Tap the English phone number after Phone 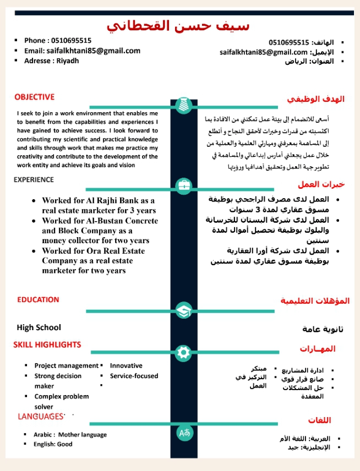click(71, 40)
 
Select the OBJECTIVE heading click(34, 97)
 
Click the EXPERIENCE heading click(34, 179)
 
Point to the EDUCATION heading click(38, 300)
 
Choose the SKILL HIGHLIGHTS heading click(47, 344)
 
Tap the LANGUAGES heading click(41, 417)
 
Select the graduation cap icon click(183, 311)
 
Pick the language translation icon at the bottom click(184, 432)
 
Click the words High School click(39, 327)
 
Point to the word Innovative click(126, 365)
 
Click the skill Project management click(66, 365)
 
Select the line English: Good click(53, 444)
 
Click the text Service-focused click(134, 376)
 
